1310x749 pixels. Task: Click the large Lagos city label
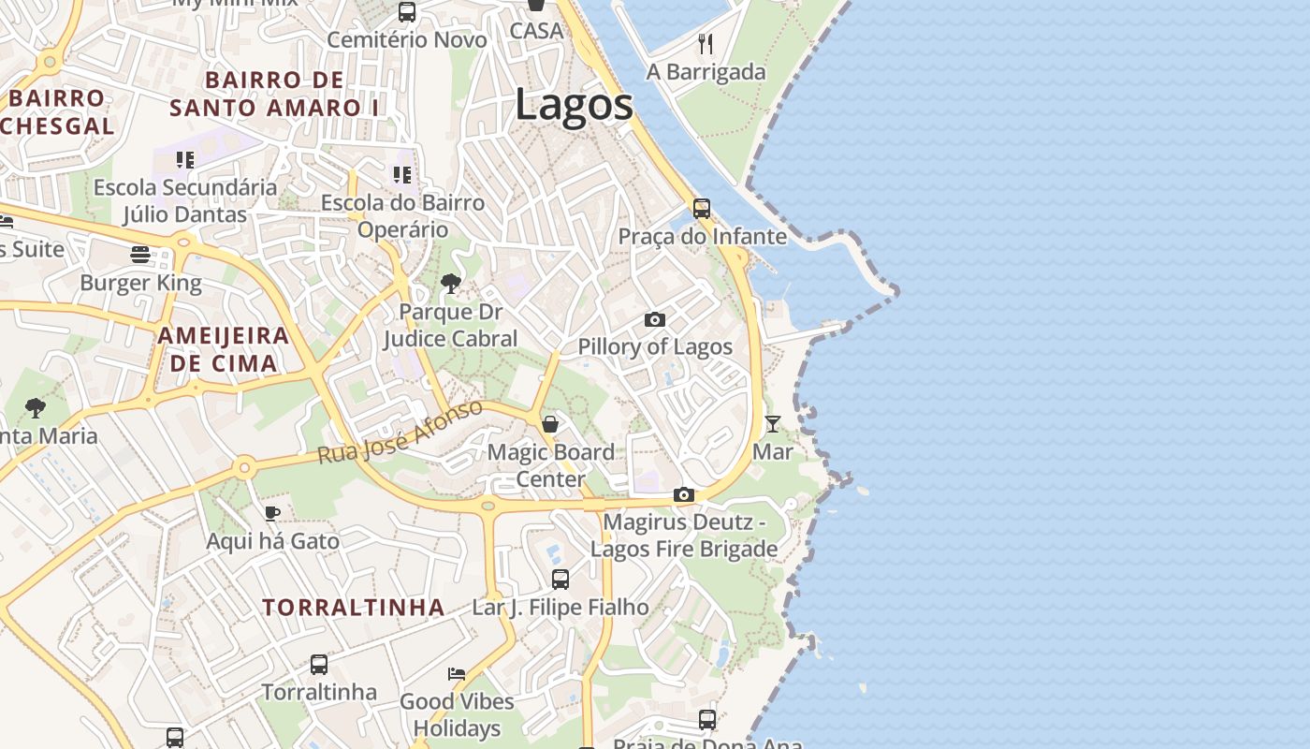(x=574, y=105)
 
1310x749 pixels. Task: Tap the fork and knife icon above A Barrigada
(x=706, y=43)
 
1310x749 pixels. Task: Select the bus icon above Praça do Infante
(x=702, y=208)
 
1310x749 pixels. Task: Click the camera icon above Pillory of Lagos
(x=655, y=320)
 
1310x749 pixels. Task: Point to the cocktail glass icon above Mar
(x=773, y=424)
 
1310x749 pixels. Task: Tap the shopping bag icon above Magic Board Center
(x=550, y=424)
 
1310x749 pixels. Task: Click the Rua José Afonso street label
(x=400, y=432)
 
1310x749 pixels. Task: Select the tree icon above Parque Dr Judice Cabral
(x=450, y=283)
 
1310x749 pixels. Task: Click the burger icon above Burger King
(x=140, y=255)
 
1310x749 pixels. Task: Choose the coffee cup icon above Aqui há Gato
(x=271, y=512)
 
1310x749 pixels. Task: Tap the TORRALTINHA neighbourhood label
(x=354, y=608)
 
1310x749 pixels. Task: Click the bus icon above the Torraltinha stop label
(x=319, y=665)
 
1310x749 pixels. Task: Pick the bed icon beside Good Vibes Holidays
(x=457, y=673)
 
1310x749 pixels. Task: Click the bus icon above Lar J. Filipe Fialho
(x=560, y=579)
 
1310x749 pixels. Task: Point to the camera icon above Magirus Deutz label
(x=684, y=494)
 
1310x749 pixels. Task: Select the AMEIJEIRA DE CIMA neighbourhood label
(x=224, y=349)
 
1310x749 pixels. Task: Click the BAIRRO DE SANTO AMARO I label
(x=274, y=94)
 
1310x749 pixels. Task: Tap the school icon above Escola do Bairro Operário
(x=402, y=175)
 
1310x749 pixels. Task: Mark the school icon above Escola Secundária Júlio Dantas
(x=185, y=160)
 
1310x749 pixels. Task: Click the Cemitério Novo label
(x=407, y=40)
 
